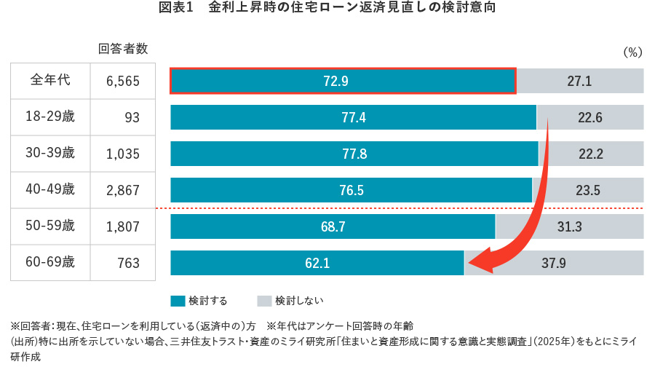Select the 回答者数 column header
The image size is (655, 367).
pos(123,50)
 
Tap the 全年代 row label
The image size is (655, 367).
pos(50,80)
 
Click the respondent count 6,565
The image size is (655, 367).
pos(122,81)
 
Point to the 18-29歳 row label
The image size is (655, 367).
pos(50,117)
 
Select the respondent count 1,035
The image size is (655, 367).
pos(122,154)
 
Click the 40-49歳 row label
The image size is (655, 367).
pos(50,189)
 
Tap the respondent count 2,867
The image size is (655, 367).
pos(122,190)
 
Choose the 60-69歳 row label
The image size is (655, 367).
pos(50,262)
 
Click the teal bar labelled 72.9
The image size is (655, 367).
pos(343,81)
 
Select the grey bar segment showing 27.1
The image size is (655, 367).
pos(580,81)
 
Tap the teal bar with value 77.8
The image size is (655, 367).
pos(354,154)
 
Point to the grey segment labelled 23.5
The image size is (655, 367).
pos(588,190)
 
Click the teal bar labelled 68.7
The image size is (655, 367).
pos(333,226)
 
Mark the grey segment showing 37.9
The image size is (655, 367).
pos(554,263)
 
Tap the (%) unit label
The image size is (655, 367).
pos(632,52)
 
